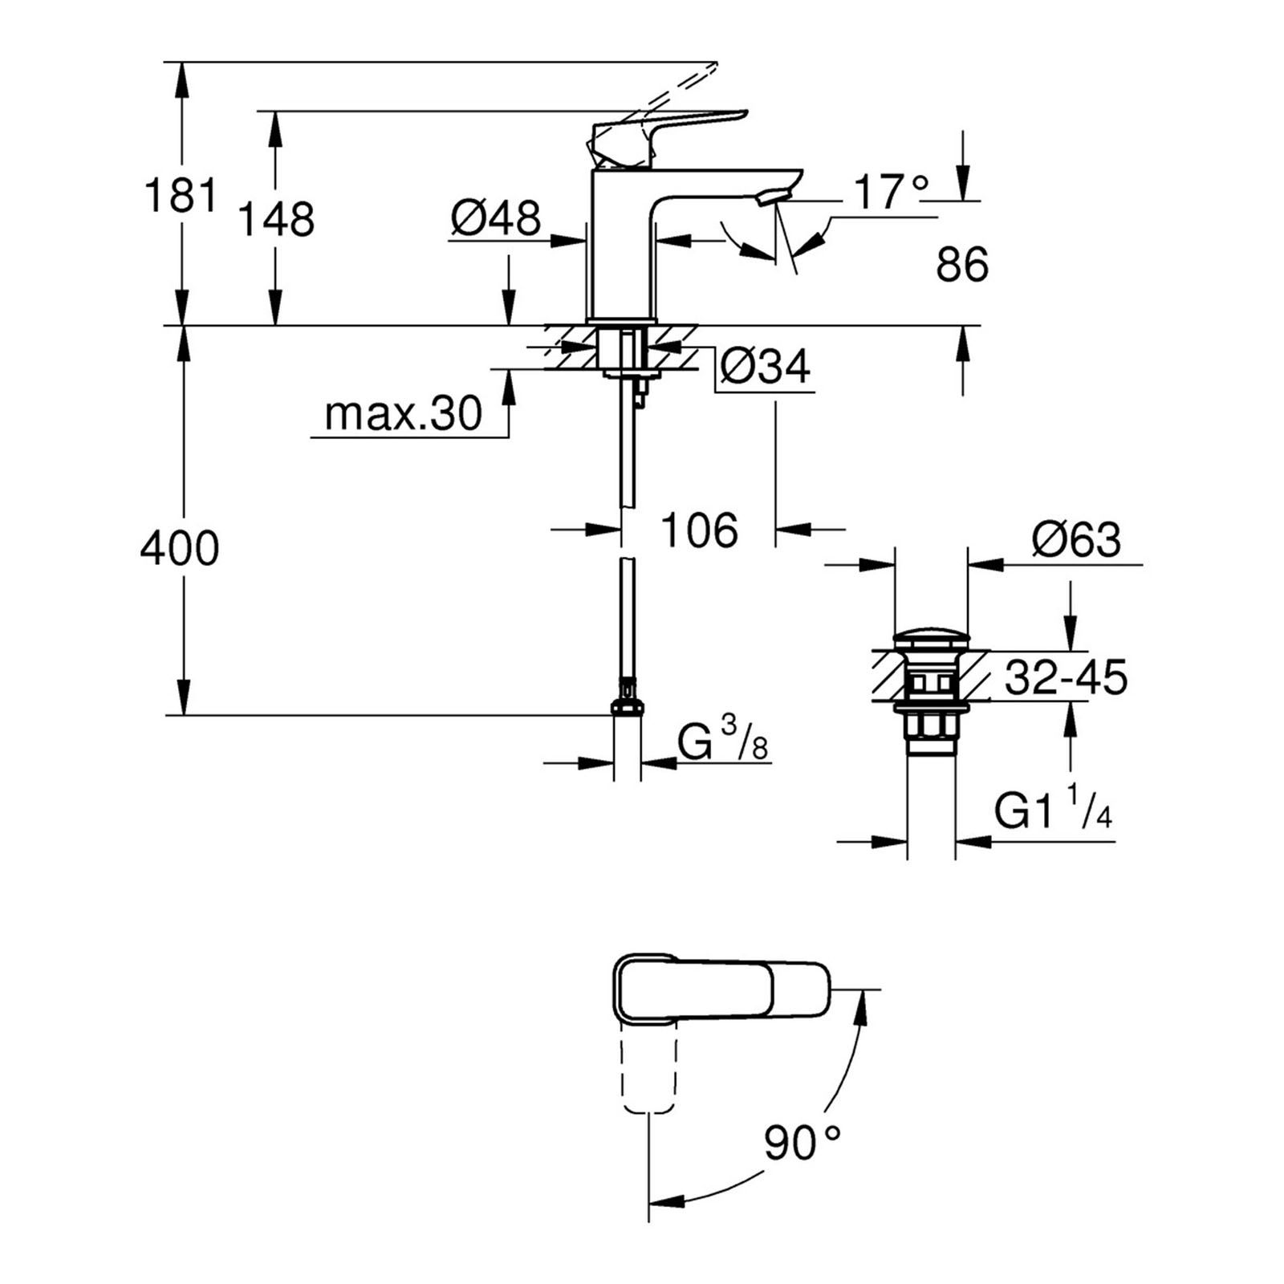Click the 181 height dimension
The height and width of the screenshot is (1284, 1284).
[x=181, y=196]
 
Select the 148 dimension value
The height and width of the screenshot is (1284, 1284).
[x=277, y=218]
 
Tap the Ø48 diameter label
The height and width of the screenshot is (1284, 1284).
[x=496, y=217]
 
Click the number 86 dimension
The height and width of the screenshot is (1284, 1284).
[x=961, y=264]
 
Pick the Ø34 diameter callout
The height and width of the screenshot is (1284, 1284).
[x=765, y=367]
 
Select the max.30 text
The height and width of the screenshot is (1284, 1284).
[x=403, y=414]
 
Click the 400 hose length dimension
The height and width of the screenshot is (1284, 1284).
[x=179, y=550]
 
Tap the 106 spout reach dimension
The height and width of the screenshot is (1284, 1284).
[x=698, y=530]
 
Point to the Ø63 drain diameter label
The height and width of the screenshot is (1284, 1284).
[x=1076, y=540]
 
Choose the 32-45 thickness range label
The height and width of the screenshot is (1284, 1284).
[x=1066, y=677]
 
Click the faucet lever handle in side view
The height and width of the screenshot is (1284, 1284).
[x=666, y=128]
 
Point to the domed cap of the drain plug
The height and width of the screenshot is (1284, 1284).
[x=931, y=640]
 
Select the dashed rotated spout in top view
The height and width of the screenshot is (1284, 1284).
[x=647, y=1071]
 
